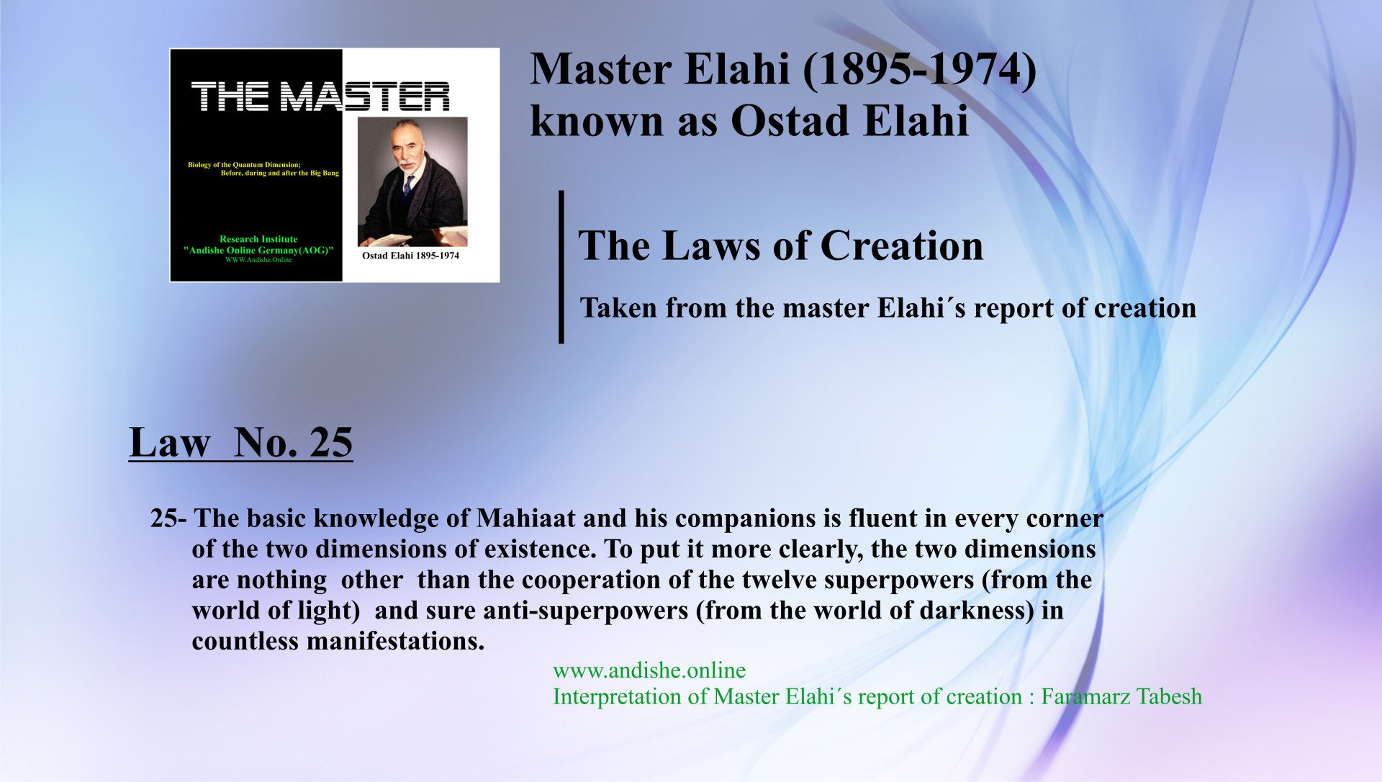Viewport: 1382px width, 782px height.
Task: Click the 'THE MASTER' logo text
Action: tap(320, 96)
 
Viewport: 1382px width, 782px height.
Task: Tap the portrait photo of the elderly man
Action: tap(412, 181)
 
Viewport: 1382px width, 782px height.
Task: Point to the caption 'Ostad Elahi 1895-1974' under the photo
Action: tap(410, 256)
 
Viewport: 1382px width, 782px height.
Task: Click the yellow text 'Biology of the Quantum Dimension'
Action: tap(244, 165)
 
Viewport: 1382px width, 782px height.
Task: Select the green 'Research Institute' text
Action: tap(258, 239)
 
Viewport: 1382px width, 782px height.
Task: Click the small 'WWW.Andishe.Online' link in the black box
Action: tap(258, 260)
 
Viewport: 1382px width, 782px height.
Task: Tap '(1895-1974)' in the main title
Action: tap(919, 71)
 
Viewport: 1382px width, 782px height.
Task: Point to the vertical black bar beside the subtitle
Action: tap(561, 267)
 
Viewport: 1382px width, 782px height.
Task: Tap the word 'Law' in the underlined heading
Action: tap(170, 441)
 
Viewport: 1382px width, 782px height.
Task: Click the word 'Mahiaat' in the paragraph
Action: tap(526, 518)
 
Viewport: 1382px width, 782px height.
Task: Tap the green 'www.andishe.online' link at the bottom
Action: tap(649, 670)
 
